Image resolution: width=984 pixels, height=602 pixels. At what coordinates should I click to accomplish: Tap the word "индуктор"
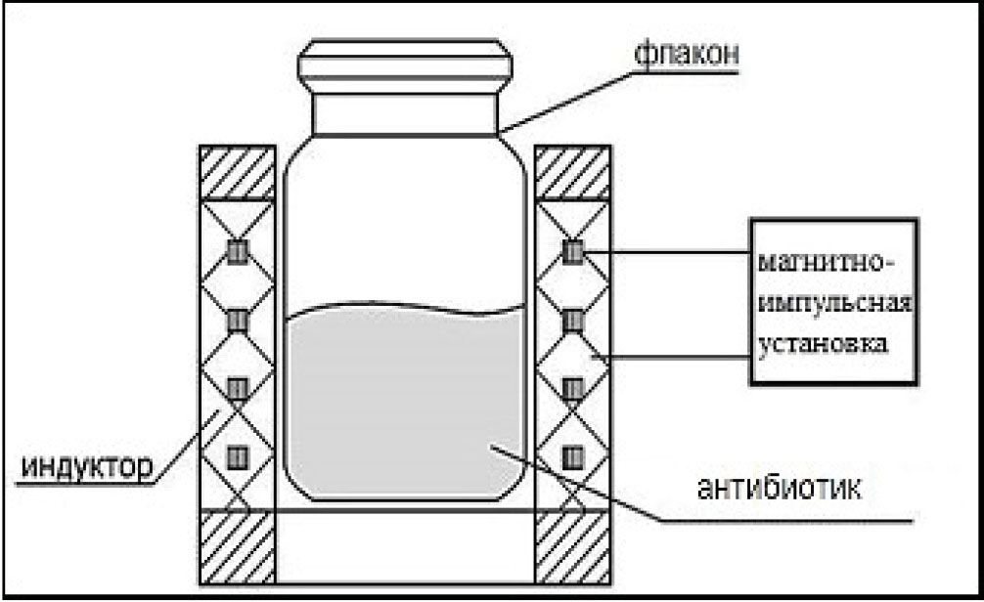(x=87, y=467)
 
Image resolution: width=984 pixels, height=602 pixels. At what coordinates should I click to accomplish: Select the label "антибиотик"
(x=780, y=488)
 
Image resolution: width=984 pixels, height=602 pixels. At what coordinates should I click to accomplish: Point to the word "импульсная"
(x=834, y=304)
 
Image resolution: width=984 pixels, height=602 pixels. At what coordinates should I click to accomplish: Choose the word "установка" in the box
(x=824, y=344)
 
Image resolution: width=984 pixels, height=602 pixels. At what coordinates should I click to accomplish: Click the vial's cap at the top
(x=405, y=65)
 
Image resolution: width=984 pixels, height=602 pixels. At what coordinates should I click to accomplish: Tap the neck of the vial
(x=405, y=114)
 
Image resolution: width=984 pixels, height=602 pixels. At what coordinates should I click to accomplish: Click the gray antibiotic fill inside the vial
(x=405, y=404)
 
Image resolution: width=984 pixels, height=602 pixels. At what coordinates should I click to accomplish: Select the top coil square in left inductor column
(x=238, y=252)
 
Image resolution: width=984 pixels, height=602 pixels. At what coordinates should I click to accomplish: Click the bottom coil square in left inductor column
(x=238, y=457)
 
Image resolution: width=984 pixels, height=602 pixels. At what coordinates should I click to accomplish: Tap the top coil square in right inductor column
(x=572, y=252)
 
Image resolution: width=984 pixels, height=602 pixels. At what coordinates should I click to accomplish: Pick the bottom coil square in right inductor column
(x=572, y=457)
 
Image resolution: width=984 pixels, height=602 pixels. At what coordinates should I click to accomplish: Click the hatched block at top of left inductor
(x=238, y=173)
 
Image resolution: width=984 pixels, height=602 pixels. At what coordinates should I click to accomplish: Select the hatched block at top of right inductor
(x=572, y=173)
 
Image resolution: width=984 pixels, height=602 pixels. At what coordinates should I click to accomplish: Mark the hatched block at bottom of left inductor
(x=238, y=547)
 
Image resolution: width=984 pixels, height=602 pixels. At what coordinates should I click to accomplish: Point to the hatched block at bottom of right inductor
(x=572, y=547)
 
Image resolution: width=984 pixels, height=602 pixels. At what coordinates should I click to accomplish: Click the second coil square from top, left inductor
(x=238, y=322)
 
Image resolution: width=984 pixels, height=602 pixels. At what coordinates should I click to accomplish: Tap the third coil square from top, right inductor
(x=572, y=389)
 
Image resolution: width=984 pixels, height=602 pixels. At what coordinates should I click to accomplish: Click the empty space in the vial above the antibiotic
(x=405, y=226)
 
